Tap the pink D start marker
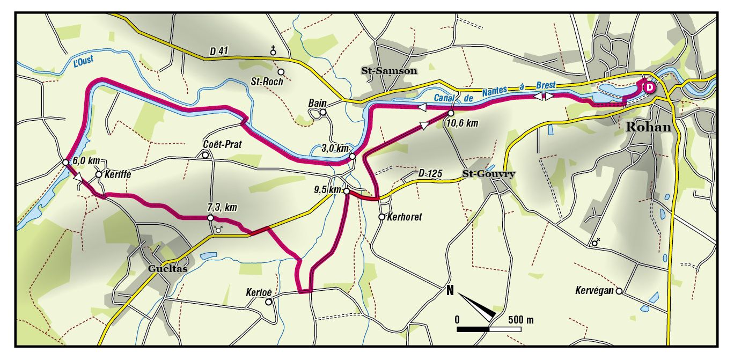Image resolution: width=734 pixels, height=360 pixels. point(649,87)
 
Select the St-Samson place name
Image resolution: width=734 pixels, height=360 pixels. point(388,70)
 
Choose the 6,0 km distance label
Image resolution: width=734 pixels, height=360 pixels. point(86,160)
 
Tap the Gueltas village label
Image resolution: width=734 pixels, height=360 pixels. point(168,269)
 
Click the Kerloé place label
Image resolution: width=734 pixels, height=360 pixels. point(259,292)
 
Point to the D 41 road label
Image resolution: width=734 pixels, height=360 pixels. point(219,52)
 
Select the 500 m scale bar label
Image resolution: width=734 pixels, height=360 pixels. point(520,320)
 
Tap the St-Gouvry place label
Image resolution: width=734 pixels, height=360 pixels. point(489,174)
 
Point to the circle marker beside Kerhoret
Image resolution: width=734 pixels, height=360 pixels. point(381,217)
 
